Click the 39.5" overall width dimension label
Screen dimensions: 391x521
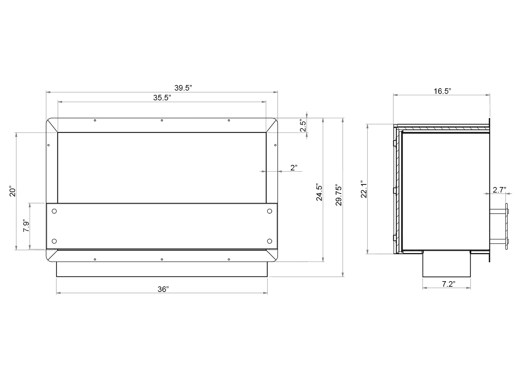183,88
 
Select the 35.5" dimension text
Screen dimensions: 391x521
162,98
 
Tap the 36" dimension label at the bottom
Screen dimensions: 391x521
163,289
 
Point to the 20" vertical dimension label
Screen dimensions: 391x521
12,192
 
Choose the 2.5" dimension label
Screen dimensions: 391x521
303,125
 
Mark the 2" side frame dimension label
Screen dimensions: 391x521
294,168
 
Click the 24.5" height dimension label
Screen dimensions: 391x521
319,192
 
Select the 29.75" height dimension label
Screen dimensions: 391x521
339,195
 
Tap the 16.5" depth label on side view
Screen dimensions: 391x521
442,91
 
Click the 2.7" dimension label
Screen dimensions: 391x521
499,190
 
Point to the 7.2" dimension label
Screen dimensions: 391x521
448,284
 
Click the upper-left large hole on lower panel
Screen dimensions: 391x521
54,211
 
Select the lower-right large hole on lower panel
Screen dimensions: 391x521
269,241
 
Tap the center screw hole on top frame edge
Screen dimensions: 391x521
162,121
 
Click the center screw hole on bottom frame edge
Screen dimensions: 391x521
162,259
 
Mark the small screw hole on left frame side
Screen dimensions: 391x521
48,145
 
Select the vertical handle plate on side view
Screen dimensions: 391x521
506,226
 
